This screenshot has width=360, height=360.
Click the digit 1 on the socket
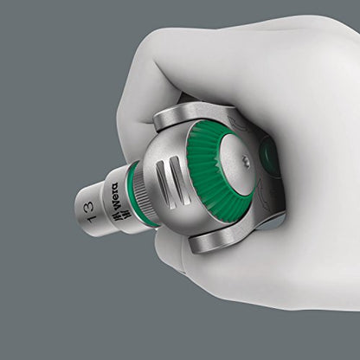pyautogui.click(x=93, y=219)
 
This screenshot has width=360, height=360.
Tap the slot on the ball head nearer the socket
pyautogui.click(x=164, y=183)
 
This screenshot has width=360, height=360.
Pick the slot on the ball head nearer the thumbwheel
pyautogui.click(x=179, y=181)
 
